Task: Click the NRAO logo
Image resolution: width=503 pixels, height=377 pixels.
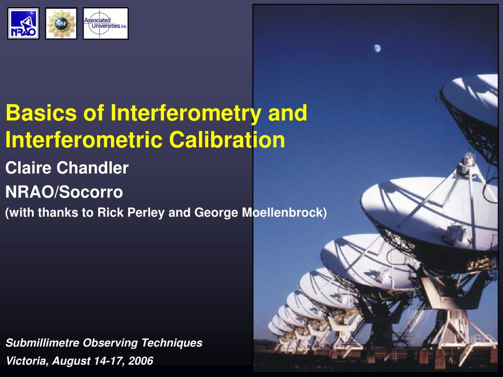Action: [x=23, y=24]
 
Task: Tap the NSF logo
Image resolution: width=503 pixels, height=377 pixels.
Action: [x=61, y=24]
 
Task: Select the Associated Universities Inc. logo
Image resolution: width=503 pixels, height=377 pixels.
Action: [x=106, y=24]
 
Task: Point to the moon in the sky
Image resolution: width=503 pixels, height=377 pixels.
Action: [x=377, y=48]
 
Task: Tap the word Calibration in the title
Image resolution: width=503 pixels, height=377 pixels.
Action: [x=227, y=140]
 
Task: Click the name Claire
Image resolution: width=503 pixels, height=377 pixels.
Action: [x=28, y=168]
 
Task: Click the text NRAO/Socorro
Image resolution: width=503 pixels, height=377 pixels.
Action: [x=64, y=192]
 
